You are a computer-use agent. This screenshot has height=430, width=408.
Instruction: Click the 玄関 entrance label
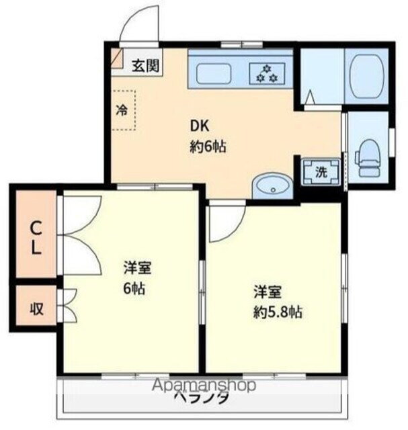pyautogui.click(x=145, y=65)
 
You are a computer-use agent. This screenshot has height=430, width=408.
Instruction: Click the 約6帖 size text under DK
pyautogui.click(x=207, y=147)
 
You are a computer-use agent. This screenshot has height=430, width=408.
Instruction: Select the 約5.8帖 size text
pyautogui.click(x=276, y=312)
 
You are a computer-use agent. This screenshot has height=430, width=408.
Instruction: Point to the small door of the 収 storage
pyautogui.click(x=67, y=306)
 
